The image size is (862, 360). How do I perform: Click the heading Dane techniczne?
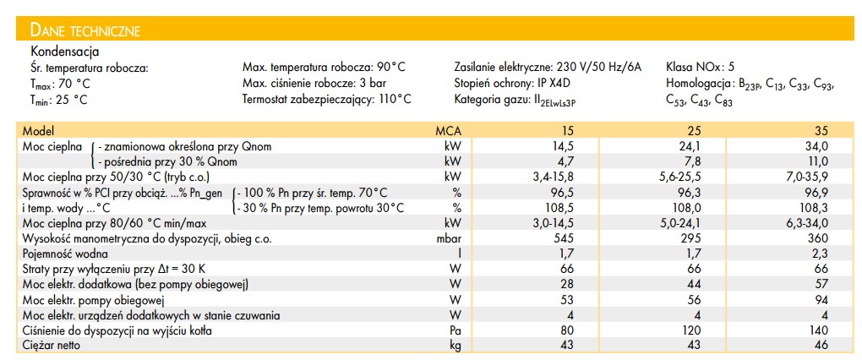pos(85,31)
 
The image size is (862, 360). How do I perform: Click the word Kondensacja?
pos(65,52)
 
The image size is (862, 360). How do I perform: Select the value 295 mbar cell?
pos(691,239)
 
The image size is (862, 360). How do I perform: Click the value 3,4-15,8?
pos(556,177)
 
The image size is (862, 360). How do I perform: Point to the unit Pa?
pos(456,331)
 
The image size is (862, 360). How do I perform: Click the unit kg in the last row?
pos(456,346)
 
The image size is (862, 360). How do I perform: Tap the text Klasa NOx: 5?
pos(701,67)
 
